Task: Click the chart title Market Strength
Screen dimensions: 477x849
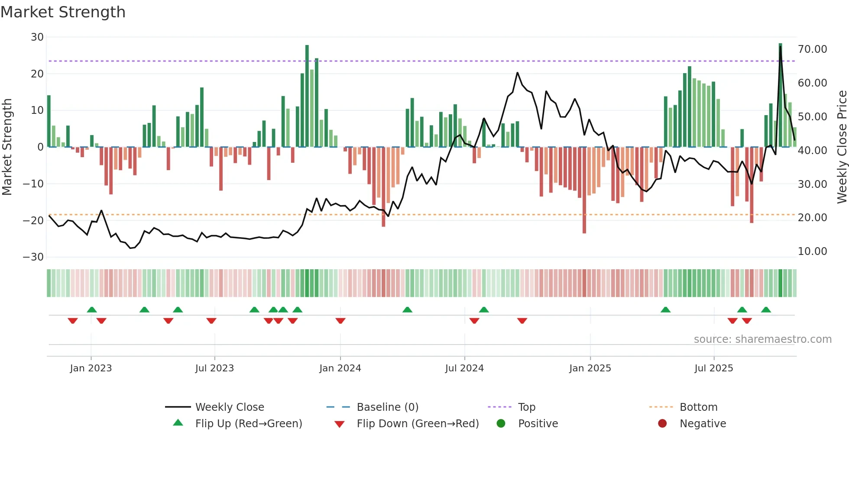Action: [63, 12]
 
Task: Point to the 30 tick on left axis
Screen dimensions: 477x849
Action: [37, 37]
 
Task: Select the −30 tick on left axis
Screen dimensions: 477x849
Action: [33, 257]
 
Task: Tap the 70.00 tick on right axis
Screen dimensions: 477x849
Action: [812, 49]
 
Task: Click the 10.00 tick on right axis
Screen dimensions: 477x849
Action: [812, 251]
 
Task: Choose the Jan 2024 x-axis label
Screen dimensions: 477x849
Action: [340, 368]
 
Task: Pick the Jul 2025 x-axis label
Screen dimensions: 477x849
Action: [713, 368]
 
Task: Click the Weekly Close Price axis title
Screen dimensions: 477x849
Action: [842, 147]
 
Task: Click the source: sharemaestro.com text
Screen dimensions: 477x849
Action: [762, 339]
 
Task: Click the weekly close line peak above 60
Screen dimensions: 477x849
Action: [517, 73]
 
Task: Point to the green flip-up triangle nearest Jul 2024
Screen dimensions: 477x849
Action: [484, 309]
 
